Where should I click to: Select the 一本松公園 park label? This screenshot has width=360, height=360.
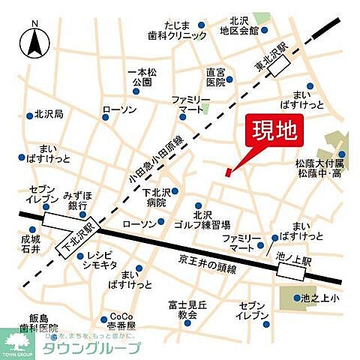point(143,76)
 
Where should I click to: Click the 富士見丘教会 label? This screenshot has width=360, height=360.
point(182,310)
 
